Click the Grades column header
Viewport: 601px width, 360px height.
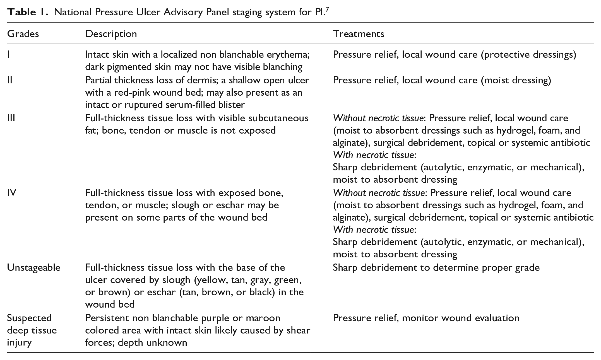click(x=23, y=34)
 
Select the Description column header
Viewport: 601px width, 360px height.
click(x=111, y=34)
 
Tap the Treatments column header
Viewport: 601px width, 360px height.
click(x=359, y=34)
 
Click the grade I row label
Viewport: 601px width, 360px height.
click(x=8, y=54)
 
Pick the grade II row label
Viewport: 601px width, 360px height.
click(x=10, y=80)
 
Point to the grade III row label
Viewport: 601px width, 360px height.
click(x=11, y=118)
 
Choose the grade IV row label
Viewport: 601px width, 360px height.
click(x=12, y=193)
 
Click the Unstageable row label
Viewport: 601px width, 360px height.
click(x=33, y=268)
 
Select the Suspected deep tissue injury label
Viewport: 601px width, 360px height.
click(x=32, y=330)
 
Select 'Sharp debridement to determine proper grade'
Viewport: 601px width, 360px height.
click(x=436, y=268)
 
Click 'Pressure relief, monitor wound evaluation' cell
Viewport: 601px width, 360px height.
click(x=426, y=318)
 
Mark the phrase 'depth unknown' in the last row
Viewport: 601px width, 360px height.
click(x=152, y=342)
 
